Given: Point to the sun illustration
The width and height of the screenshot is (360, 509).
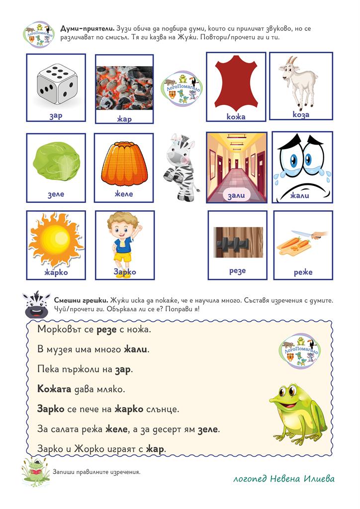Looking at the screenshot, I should coord(56,239).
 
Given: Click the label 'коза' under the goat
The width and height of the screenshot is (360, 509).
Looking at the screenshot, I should coord(301,115).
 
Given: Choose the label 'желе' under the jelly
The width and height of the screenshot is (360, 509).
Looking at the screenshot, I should coord(124,194).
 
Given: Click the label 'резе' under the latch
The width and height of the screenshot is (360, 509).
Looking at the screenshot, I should coord(237,271).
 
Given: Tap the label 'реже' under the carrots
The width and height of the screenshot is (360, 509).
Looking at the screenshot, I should coord(303,272).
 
